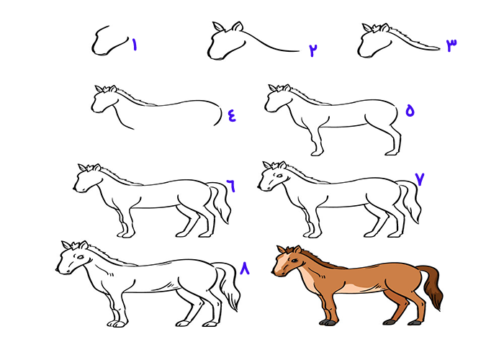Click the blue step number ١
(x=135, y=45)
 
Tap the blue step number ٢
(x=313, y=50)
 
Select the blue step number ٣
(x=451, y=45)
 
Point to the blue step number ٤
(x=232, y=115)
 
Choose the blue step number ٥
(x=410, y=111)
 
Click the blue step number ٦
(x=231, y=186)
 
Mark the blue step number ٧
(x=420, y=179)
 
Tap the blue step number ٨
(x=244, y=269)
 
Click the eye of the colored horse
(x=294, y=260)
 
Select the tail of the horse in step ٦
(x=220, y=202)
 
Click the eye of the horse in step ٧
(x=279, y=176)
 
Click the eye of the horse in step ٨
(x=81, y=257)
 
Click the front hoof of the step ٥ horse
(x=316, y=153)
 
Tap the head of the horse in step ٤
(x=104, y=99)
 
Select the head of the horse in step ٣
(x=373, y=40)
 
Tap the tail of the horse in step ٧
(x=410, y=200)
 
